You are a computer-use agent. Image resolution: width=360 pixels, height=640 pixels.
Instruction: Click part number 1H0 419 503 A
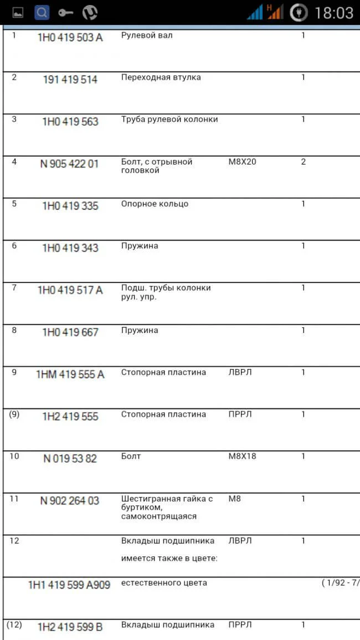70,38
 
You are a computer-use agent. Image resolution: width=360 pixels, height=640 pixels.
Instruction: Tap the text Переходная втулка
161,78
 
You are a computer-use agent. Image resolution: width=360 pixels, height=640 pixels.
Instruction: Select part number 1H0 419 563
70,122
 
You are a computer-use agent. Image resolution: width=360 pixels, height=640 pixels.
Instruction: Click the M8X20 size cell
243,162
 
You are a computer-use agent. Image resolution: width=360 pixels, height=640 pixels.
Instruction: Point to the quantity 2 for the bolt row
303,162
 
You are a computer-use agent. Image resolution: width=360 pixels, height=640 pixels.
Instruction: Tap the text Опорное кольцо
155,204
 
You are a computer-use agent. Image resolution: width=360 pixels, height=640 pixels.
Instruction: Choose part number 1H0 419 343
70,248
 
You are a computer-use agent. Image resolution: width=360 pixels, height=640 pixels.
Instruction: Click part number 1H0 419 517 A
70,290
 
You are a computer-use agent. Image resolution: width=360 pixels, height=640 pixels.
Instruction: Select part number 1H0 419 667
70,332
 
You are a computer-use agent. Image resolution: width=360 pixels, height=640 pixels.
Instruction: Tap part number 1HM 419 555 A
70,375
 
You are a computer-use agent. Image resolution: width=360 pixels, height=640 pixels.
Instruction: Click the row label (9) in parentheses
14,414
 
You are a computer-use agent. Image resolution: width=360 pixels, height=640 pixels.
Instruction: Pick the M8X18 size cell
243,457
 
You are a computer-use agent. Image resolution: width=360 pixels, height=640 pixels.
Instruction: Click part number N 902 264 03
70,501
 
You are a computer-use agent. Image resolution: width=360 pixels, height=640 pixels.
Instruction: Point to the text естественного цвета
164,583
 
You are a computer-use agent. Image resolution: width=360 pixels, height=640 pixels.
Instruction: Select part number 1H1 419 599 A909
69,585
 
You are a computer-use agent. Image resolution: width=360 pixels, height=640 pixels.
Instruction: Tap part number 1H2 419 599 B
70,627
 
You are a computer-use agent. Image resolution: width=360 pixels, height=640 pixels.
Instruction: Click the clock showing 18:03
333,13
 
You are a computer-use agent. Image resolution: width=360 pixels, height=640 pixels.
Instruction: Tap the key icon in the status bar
65,12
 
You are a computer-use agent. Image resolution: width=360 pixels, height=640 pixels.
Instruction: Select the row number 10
14,456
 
